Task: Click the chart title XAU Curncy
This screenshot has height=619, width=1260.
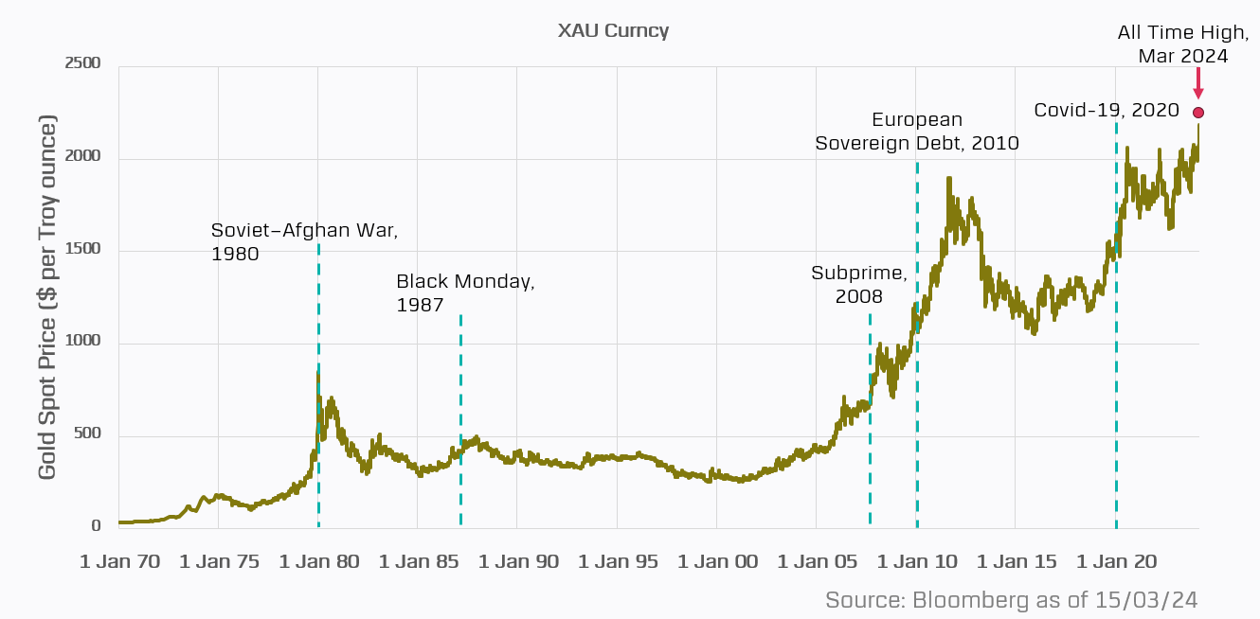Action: [614, 30]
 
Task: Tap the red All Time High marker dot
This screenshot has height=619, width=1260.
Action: [1198, 113]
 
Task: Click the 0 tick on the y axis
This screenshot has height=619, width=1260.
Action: [95, 526]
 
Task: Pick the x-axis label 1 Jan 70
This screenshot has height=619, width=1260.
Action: [119, 561]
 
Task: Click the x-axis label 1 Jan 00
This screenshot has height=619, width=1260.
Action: [717, 561]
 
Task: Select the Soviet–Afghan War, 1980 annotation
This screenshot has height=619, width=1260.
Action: [304, 241]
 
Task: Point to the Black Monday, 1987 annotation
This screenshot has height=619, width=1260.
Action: [465, 293]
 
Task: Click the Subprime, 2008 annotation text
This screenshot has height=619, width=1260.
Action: [859, 284]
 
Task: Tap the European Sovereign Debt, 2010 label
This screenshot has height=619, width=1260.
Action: [917, 132]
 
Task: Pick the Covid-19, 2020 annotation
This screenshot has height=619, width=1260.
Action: [1107, 111]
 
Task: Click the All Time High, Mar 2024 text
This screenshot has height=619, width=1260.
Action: [1182, 44]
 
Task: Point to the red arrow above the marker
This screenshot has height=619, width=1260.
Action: [1198, 83]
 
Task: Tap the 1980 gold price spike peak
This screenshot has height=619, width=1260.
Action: [317, 373]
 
